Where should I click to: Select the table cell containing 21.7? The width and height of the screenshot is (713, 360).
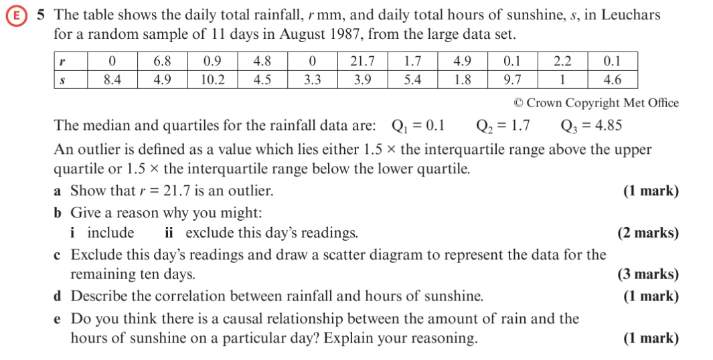362,62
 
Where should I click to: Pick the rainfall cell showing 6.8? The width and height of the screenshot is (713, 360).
162,62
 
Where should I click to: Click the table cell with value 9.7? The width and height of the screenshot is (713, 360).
512,80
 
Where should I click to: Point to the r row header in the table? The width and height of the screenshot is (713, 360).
62,62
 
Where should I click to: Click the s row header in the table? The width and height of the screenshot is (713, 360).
62,80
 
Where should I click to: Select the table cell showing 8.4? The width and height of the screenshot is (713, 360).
112,80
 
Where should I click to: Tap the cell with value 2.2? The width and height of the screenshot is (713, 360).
562,62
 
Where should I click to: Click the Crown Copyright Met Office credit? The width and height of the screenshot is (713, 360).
596,103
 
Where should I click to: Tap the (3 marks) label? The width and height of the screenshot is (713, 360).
647,274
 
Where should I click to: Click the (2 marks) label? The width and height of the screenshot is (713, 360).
647,234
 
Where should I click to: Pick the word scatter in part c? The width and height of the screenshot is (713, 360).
381,255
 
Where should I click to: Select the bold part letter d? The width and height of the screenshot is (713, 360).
58,296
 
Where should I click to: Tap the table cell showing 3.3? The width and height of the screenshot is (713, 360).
312,80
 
